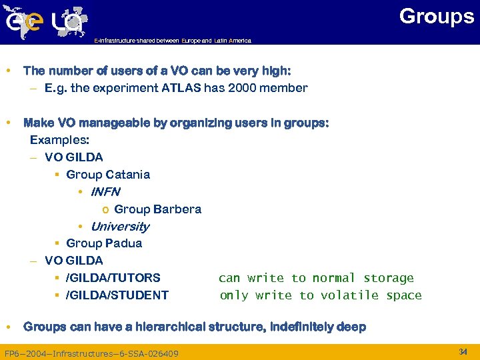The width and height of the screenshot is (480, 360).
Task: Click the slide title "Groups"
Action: [x=436, y=16]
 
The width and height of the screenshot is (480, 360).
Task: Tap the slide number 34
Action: [x=463, y=351]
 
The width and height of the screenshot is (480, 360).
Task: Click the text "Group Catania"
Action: [x=108, y=175]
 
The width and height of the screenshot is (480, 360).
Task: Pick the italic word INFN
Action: [x=105, y=192]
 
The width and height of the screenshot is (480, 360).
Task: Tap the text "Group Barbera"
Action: [x=157, y=209]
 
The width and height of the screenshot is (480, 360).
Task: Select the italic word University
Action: [x=120, y=227]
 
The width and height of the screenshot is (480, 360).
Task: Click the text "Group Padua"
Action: [x=104, y=243]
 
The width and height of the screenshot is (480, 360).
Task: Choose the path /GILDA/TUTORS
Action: [x=113, y=278]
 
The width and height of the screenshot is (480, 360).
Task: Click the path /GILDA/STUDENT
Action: [x=117, y=295]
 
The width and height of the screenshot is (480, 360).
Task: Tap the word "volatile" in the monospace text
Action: [x=349, y=295]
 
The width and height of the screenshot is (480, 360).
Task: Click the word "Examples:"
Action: [x=59, y=140]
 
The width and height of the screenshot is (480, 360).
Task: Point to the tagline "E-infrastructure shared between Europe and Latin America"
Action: [x=173, y=41]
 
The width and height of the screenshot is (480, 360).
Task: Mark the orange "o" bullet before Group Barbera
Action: [x=105, y=209]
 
